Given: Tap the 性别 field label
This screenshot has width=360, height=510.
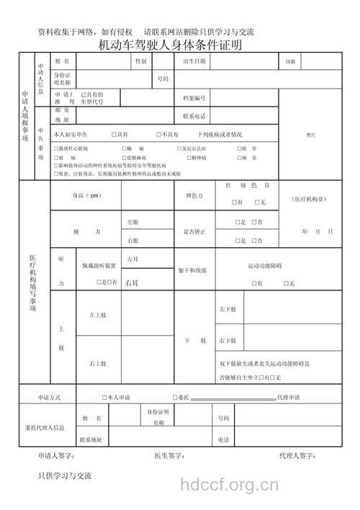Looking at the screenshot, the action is point(140,62).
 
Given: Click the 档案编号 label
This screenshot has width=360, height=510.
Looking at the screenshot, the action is point(194,98).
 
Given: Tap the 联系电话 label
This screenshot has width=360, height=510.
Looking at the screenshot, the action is point(194,115).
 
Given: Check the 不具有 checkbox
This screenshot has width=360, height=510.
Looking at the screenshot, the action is point(158,135).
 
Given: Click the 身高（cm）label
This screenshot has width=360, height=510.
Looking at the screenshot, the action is point(86,196).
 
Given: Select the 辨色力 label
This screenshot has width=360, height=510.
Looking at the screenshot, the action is point(194,196).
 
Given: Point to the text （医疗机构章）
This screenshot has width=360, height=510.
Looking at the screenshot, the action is point(311,198).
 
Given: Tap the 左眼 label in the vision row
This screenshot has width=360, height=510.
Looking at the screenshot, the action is point(132,222).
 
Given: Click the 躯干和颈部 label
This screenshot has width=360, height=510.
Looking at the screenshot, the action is point(193,270).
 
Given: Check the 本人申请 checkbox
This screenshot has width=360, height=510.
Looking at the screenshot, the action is point(104,398).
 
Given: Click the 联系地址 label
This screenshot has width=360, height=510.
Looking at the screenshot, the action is point(91,439).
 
